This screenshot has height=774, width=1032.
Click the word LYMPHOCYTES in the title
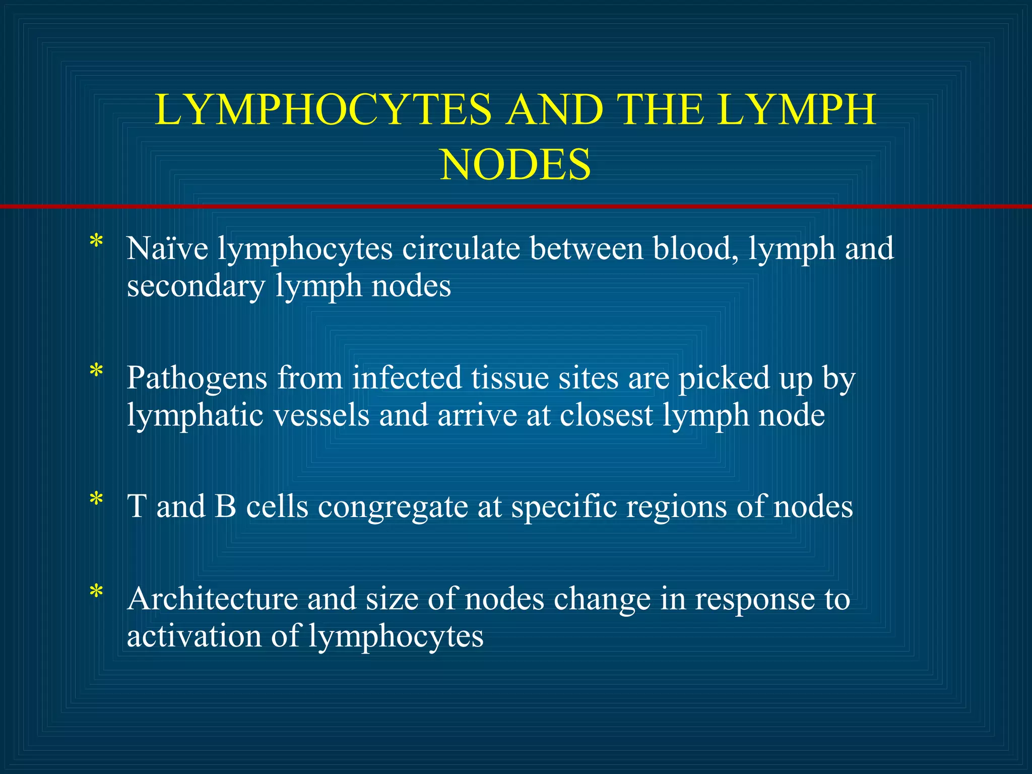tap(323, 110)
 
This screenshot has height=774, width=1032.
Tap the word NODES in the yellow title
tap(515, 165)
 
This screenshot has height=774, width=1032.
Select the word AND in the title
tap(555, 110)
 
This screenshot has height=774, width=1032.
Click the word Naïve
tap(167, 248)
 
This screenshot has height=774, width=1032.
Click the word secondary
tap(196, 286)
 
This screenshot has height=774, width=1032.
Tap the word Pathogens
tap(197, 378)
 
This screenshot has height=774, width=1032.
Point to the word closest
tap(606, 415)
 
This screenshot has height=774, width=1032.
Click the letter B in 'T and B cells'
tap(225, 506)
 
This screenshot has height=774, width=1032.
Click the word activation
tap(194, 636)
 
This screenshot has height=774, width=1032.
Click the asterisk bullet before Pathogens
tap(96, 372)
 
